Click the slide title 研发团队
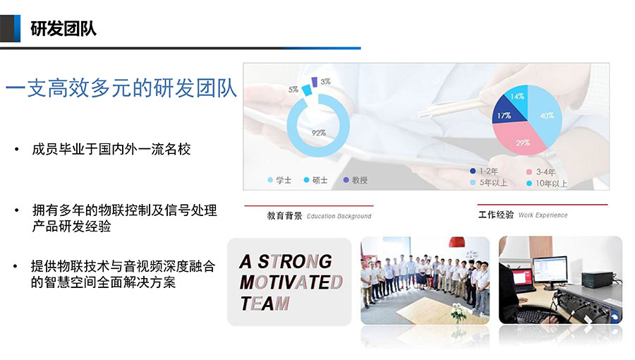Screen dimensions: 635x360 pos(64,29)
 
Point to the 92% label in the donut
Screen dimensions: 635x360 pos(319,133)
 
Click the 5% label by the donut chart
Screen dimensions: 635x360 pos(294,90)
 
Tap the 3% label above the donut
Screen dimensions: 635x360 pos(325,81)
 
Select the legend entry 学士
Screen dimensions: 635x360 pos(279,180)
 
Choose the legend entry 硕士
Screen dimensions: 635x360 pos(315,180)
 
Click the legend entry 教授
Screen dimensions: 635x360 pos(355,180)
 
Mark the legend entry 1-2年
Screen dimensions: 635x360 pos(484,172)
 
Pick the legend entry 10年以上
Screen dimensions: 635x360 pos(547,184)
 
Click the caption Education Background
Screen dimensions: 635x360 pos(339,216)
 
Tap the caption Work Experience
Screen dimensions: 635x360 pos(543,215)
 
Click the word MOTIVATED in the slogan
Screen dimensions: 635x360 pos(291,282)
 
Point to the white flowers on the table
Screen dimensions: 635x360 pos(459,311)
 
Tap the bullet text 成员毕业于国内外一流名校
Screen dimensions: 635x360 pos(111,150)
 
